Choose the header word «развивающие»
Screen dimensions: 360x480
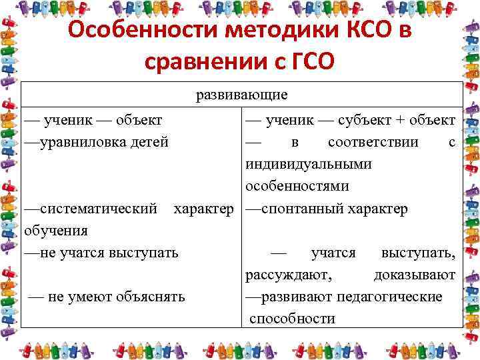[241, 95]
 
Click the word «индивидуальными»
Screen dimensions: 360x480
[299, 164]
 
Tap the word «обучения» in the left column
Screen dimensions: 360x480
[55, 231]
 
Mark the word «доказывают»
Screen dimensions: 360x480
[414, 275]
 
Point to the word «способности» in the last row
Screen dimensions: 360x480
[292, 319]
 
